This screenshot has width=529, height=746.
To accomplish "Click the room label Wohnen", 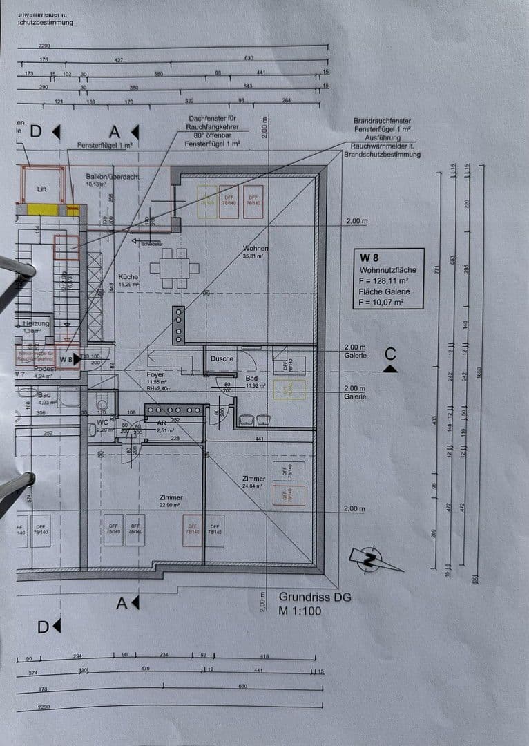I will [x=255, y=249].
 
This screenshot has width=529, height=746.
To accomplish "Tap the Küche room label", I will [x=128, y=276].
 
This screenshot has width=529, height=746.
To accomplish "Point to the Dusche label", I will [x=222, y=359].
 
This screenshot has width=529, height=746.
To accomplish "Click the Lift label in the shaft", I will [x=41, y=189].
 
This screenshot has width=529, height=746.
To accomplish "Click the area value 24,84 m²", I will [x=253, y=486].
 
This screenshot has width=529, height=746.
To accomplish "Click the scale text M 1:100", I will [x=300, y=611].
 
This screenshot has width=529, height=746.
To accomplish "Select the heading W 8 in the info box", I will [x=369, y=256].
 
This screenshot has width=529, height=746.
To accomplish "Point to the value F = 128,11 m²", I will [x=384, y=280].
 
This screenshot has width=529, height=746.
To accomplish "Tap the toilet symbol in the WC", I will [x=102, y=403].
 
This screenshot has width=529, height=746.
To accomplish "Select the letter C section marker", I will [x=390, y=354].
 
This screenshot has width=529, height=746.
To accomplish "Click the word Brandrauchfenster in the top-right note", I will [x=381, y=121].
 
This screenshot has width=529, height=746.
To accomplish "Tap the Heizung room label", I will [x=36, y=323].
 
